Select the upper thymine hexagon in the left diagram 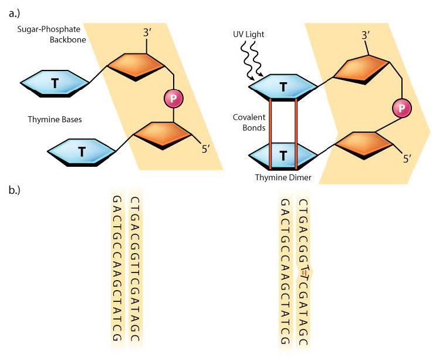(54, 83)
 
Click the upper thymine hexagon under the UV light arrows (283, 88)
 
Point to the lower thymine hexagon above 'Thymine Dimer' (283, 156)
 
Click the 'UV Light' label (248, 35)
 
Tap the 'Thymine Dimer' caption (283, 177)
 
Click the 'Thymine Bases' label (55, 119)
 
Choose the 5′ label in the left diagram (205, 149)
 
